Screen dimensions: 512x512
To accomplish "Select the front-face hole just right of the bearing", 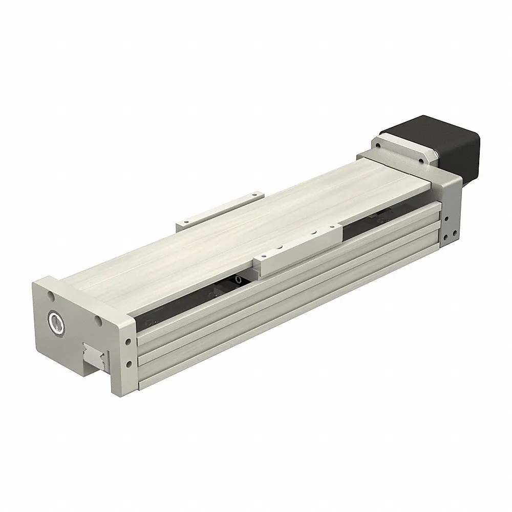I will click(96, 322).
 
